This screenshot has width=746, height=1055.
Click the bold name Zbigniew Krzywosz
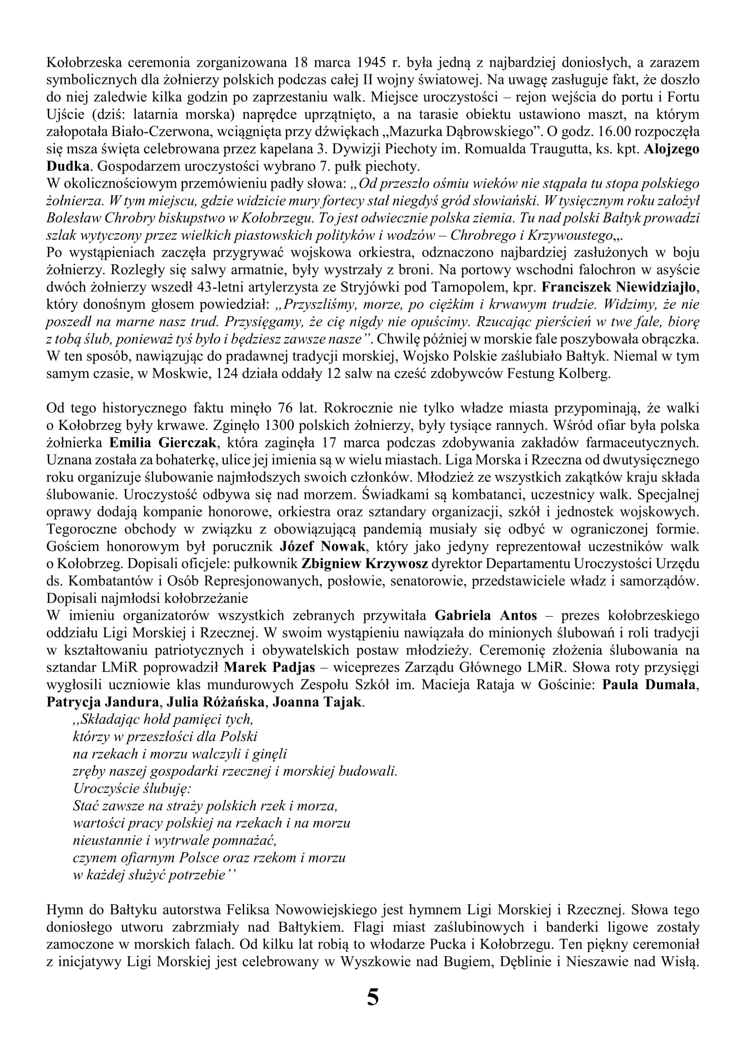pos(365,564)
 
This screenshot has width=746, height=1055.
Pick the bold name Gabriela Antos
pos(486,616)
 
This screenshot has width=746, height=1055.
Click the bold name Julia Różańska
pos(216,702)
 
